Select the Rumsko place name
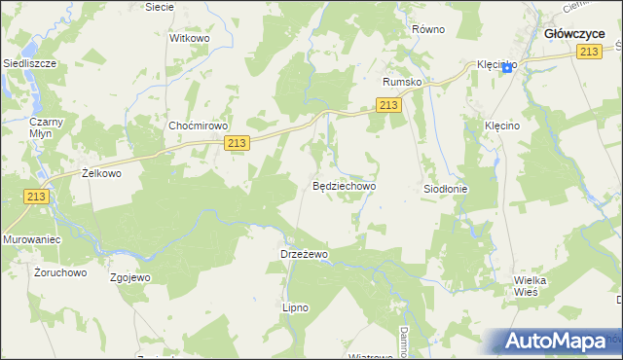403,82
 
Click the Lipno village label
295,307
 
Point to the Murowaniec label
32,238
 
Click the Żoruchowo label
60,272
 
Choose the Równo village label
427,29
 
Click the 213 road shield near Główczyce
587,53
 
